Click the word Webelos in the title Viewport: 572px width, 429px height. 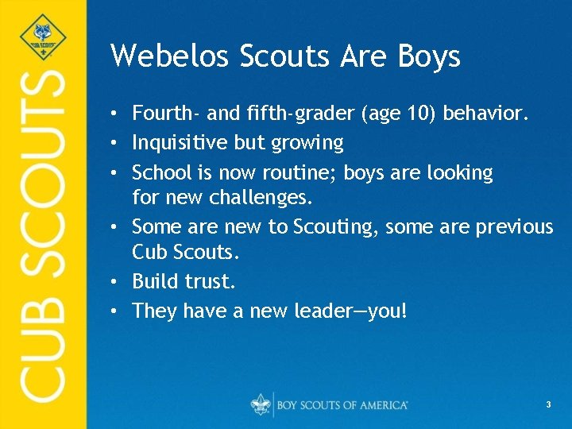162,56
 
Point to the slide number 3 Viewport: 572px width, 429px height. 548,405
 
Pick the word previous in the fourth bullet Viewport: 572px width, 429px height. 514,227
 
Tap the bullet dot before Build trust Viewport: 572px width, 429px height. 116,282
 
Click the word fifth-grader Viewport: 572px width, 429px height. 300,114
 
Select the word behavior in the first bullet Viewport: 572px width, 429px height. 485,114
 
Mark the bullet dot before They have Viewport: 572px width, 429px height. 116,311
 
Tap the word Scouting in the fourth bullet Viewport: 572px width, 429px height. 337,227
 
